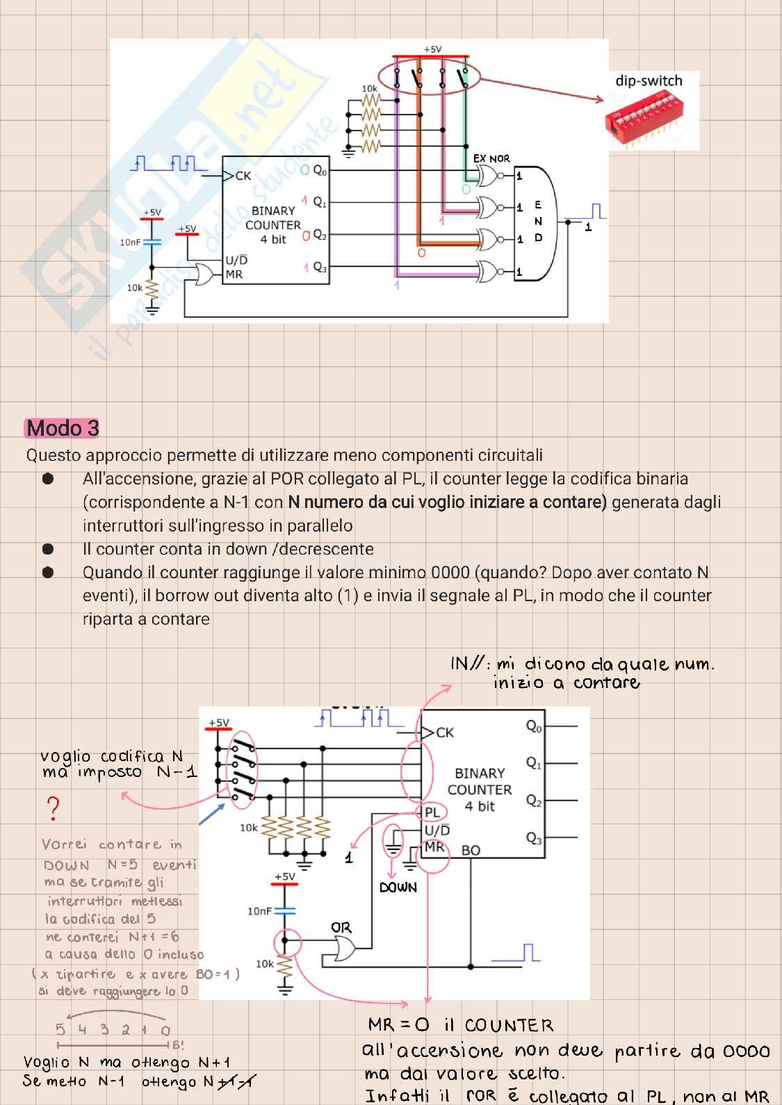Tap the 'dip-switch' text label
[x=649, y=81]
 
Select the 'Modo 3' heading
[x=63, y=428]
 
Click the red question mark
[x=53, y=808]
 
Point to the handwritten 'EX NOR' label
[x=491, y=158]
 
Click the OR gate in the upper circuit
[x=204, y=275]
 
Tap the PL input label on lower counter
[x=432, y=812]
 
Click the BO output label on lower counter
[x=471, y=850]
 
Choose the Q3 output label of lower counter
[x=533, y=838]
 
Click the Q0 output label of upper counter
[x=319, y=170]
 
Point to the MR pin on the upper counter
[x=234, y=275]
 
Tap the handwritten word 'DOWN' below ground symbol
[x=398, y=887]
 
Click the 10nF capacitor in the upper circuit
[x=152, y=242]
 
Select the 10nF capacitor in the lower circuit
[x=284, y=910]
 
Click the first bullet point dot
[x=48, y=479]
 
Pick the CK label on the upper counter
[x=243, y=176]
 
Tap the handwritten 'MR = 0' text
[x=399, y=1025]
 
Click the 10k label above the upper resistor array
[x=369, y=89]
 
